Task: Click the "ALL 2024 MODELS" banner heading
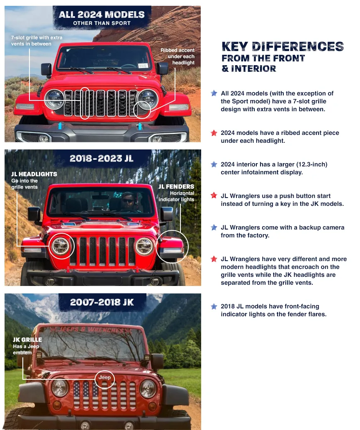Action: tap(101, 15)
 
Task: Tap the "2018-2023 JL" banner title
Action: tap(102, 158)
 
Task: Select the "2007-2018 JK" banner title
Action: tap(102, 302)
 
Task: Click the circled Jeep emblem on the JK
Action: tap(105, 378)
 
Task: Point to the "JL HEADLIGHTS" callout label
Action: tap(34, 174)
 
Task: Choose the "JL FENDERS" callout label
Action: tap(176, 186)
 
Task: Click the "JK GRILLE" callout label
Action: tap(27, 340)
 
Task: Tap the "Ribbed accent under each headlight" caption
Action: tap(178, 56)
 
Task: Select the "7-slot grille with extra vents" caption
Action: tap(36, 41)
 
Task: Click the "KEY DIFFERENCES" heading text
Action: tap(282, 46)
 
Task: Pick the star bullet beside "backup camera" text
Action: tap(214, 227)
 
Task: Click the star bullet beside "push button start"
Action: tap(214, 195)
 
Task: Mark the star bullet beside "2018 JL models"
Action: tap(214, 306)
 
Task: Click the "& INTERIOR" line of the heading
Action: tap(249, 68)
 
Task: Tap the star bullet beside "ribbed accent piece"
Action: tap(214, 133)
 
